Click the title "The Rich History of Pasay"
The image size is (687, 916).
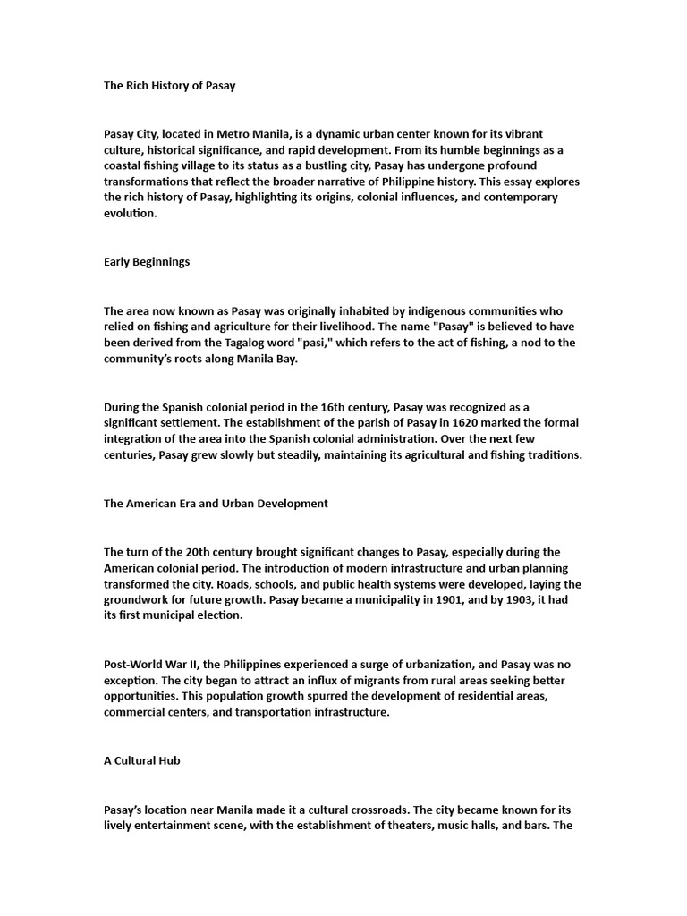(x=169, y=86)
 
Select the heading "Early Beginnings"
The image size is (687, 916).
(x=147, y=262)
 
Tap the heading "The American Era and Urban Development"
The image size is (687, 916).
(x=216, y=503)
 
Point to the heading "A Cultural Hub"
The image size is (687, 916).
(x=142, y=759)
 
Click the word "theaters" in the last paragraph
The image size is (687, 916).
(x=420, y=825)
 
